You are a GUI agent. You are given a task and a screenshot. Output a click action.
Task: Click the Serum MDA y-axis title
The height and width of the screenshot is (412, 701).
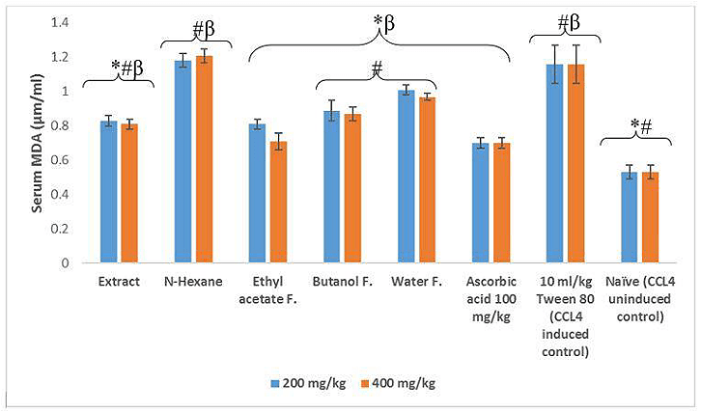[x=39, y=145]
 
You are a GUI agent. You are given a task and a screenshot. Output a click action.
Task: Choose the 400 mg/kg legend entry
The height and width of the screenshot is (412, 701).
[x=397, y=383]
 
